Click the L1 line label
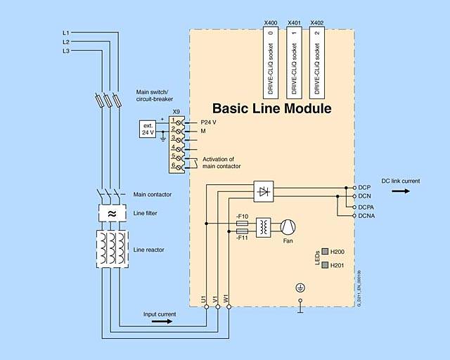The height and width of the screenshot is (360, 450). click(x=65, y=33)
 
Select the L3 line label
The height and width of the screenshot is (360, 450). click(x=65, y=51)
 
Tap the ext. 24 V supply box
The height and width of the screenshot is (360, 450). click(x=148, y=129)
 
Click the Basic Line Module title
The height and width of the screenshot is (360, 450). click(x=271, y=109)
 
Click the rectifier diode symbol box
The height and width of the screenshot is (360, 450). click(x=264, y=191)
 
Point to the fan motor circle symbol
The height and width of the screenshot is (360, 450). click(x=288, y=226)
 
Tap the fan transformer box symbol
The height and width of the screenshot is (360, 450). click(x=264, y=226)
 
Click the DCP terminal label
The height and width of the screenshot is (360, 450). click(x=364, y=188)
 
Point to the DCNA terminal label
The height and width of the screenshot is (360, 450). click(x=366, y=216)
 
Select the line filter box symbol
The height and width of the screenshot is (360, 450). click(x=112, y=213)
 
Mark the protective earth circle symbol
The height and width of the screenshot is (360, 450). click(x=300, y=287)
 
